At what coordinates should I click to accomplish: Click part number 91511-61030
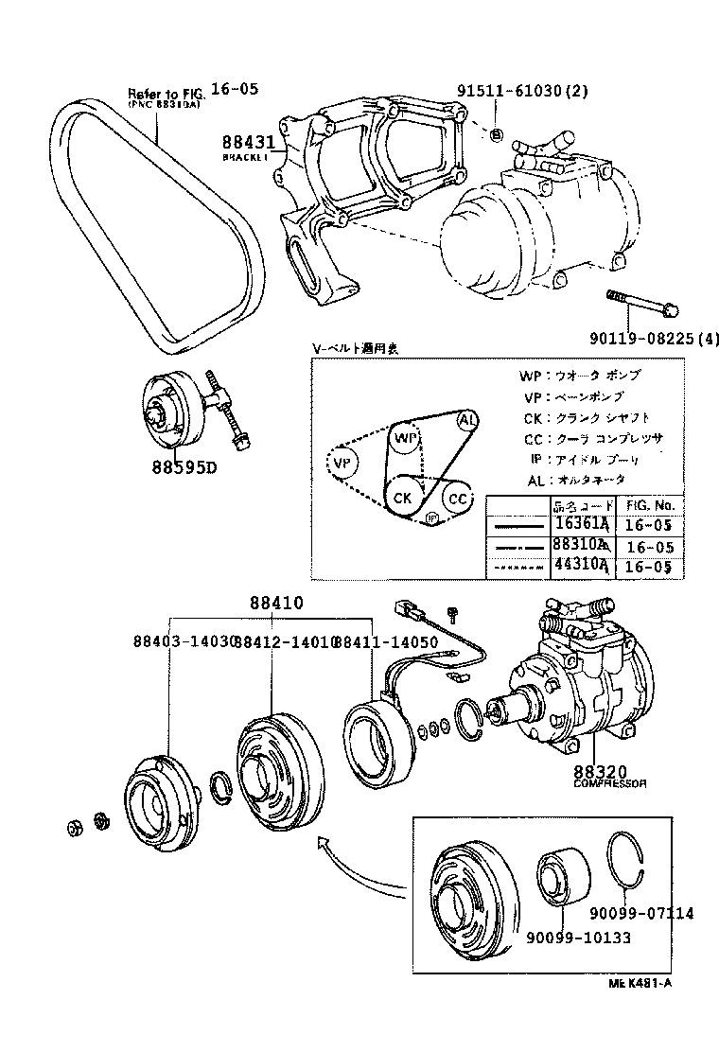coord(522,92)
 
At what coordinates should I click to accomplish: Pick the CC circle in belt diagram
coord(458,498)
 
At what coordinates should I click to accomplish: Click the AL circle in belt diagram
coord(467,419)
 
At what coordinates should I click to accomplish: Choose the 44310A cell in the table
coord(584,567)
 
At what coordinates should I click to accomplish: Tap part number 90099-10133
coord(579,937)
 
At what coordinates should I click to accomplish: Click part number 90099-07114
coord(640,913)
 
